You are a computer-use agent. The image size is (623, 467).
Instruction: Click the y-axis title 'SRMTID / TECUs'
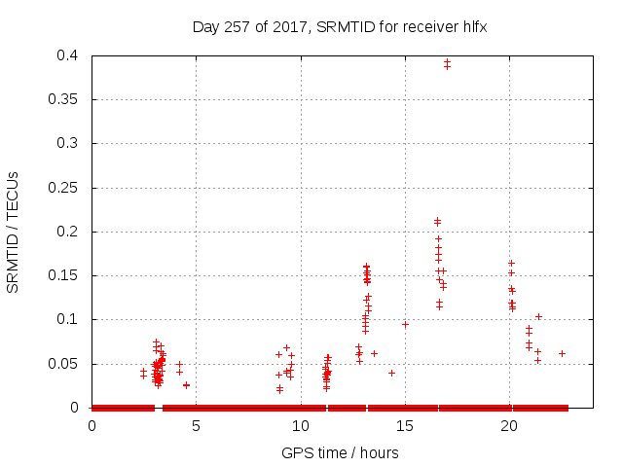pos(14,232)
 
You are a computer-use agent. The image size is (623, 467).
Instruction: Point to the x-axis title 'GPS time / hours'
pos(340,452)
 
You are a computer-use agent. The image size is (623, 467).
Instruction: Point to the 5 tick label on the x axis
pos(196,426)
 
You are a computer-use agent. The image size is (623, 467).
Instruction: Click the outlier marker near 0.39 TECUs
pos(447,64)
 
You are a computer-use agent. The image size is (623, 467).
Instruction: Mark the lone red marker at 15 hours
pos(405,324)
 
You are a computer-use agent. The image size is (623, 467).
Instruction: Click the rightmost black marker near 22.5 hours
pos(562,353)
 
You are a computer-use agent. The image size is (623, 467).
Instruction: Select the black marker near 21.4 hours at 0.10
pos(538,316)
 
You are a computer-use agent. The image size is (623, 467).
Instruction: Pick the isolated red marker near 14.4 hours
pos(391,373)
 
